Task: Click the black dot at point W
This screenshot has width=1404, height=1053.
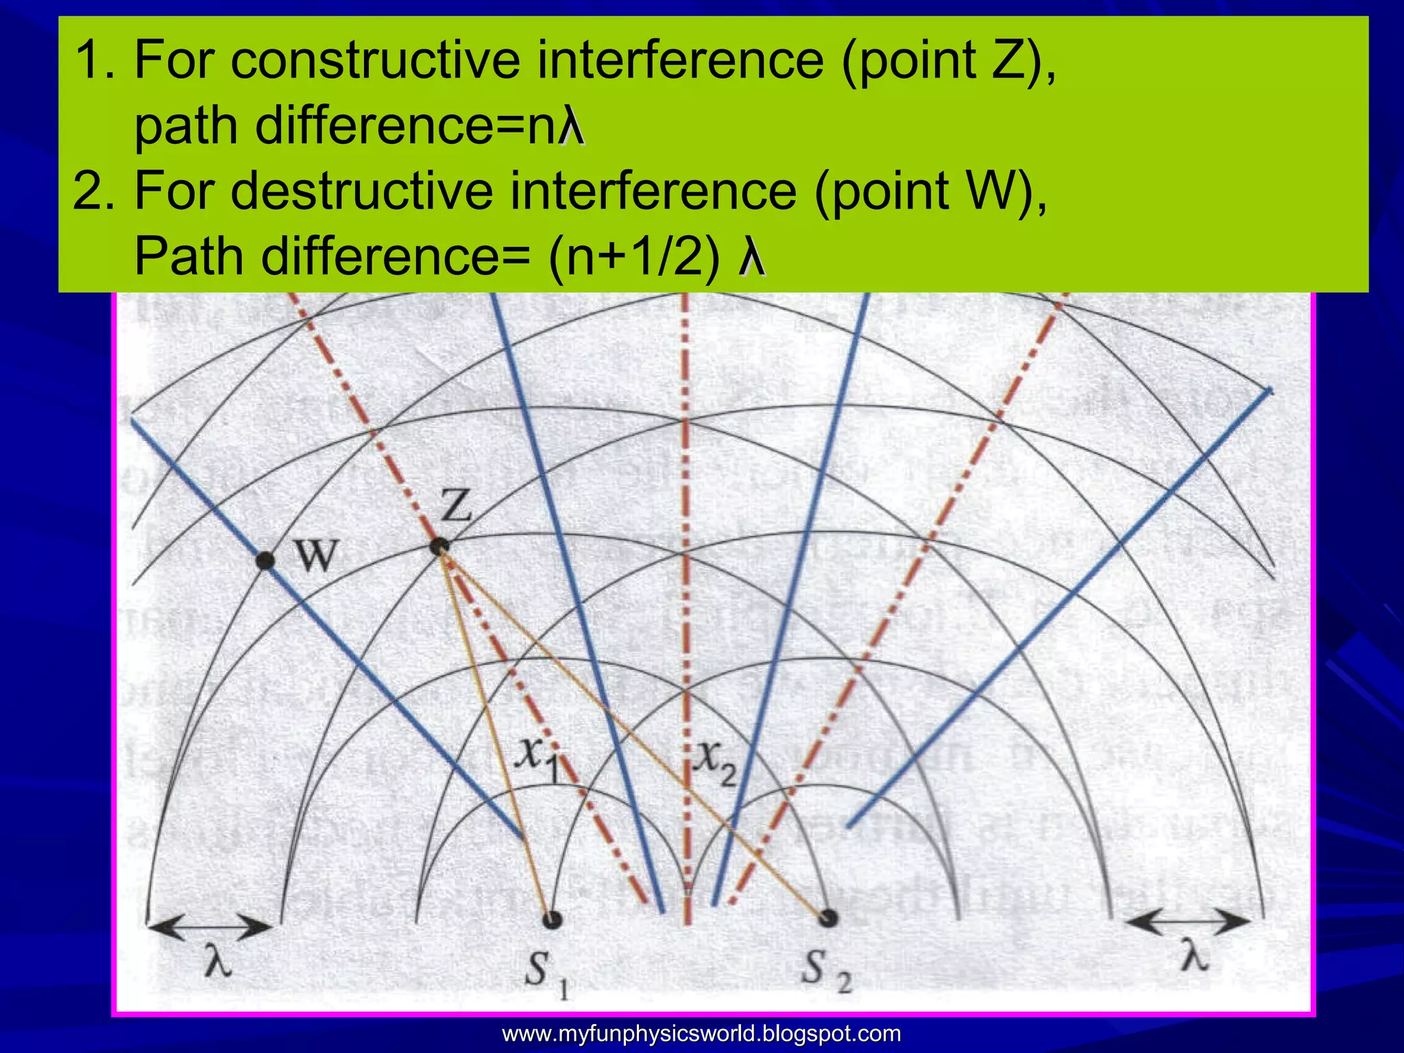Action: tap(265, 560)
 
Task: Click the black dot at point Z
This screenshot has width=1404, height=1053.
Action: tap(439, 546)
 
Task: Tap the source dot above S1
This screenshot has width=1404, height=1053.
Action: tap(553, 919)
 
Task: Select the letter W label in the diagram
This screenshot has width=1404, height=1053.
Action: tap(316, 555)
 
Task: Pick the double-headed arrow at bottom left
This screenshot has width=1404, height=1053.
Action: tap(210, 929)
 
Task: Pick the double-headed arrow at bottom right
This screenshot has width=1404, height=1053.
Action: tap(1188, 922)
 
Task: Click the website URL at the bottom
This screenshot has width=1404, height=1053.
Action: tap(701, 1033)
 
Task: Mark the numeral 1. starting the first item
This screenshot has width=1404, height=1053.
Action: tap(96, 60)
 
